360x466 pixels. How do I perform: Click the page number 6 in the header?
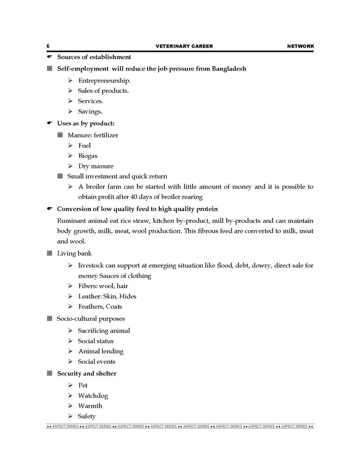(48, 46)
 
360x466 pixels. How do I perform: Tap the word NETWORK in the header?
(300, 46)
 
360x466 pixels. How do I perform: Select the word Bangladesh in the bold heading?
(227, 69)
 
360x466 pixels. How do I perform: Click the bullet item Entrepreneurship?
(104, 81)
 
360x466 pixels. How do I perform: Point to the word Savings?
(90, 111)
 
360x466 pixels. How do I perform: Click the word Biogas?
(88, 156)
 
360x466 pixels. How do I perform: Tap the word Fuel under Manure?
(84, 145)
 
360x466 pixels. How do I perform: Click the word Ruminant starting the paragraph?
(72, 221)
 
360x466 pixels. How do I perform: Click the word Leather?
(89, 296)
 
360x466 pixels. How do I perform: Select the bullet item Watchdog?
(93, 396)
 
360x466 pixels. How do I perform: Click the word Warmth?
(90, 406)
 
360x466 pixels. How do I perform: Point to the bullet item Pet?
(83, 385)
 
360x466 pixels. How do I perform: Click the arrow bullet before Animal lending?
(71, 351)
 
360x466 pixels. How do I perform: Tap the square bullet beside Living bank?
(49, 253)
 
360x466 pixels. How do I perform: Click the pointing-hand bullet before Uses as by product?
(50, 123)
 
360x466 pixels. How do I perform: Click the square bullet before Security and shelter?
(49, 373)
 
